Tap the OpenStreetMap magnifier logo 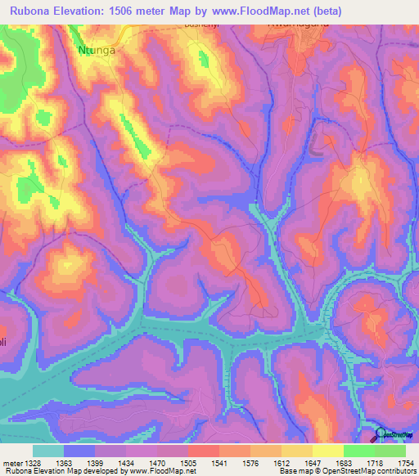pyautogui.click(x=381, y=434)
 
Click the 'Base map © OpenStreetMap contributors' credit pyautogui.click(x=346, y=471)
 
